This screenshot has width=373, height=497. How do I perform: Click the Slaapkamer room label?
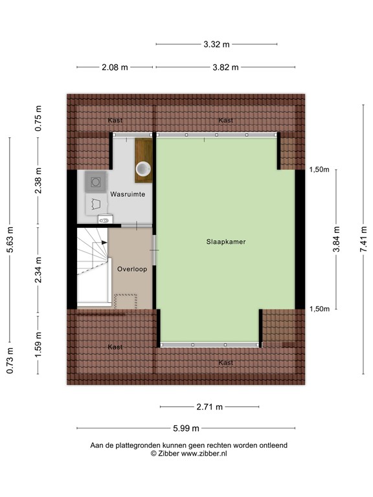[x=226, y=241]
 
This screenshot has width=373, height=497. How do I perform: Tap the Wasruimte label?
[x=127, y=194]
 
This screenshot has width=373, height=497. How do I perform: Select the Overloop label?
[x=133, y=269]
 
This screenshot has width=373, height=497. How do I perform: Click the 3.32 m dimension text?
[x=216, y=45]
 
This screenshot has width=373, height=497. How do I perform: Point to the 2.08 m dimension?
[x=115, y=67]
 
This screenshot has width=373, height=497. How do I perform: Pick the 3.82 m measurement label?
[x=226, y=67]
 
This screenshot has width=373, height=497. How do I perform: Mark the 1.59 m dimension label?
[x=39, y=344]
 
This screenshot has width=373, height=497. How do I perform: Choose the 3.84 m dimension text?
[x=335, y=238]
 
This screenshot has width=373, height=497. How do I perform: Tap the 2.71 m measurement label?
[x=209, y=407]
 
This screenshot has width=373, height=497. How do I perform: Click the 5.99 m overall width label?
[x=186, y=428]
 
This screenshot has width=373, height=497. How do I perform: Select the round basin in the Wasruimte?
[x=143, y=170]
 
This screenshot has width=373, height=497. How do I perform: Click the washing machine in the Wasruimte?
[x=96, y=181]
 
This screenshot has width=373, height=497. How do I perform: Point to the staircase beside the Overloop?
[x=92, y=266]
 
